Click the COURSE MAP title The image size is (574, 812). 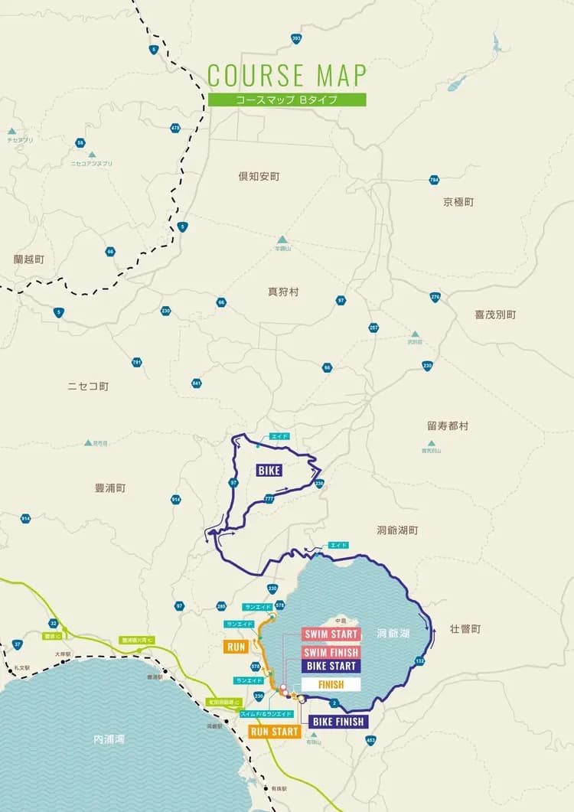(286, 75)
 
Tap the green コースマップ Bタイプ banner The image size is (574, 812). (286, 99)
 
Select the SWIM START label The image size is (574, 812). (331, 634)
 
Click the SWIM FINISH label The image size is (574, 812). (331, 653)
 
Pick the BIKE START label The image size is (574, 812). (331, 666)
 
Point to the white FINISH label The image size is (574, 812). (330, 685)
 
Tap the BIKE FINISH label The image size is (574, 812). (338, 721)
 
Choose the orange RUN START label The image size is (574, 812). (275, 732)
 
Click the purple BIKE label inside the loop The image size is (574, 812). (269, 471)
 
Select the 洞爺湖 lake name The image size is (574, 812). (393, 634)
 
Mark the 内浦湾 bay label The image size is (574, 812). (108, 740)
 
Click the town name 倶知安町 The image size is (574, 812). (259, 177)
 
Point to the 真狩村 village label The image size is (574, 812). (282, 292)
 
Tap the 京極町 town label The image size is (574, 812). (458, 202)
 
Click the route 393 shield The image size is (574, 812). (296, 38)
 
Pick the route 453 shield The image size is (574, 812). (371, 739)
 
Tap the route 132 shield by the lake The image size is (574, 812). (419, 660)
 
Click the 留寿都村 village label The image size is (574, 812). (448, 426)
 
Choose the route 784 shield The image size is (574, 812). (435, 181)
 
